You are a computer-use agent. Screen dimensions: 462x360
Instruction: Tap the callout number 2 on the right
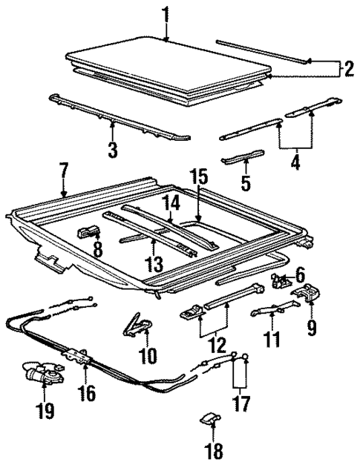click(347, 69)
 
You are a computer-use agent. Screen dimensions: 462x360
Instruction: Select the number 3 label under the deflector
click(112, 150)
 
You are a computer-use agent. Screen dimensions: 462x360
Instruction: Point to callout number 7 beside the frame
click(64, 177)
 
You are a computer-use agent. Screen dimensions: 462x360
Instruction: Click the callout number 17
click(240, 404)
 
